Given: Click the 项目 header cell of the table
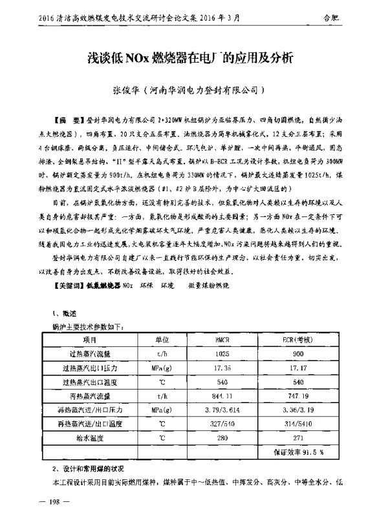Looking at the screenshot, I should tap(91, 339).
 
